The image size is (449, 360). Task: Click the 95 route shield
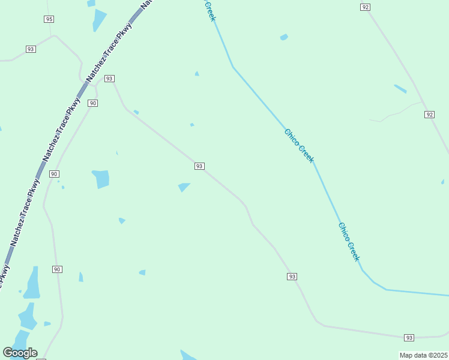coord(49,19)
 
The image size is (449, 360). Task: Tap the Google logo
coord(20,353)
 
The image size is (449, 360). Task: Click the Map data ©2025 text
coord(424,355)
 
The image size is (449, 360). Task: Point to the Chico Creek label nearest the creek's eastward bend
coord(349,242)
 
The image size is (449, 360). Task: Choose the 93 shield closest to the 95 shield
coord(31,49)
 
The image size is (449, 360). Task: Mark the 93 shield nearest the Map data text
coord(409,338)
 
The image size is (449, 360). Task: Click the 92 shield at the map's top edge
coord(366,7)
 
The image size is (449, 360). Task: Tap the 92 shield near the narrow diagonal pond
coord(429,114)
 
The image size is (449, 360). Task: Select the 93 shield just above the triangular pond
coord(199,166)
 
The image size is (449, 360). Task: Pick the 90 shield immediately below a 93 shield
coord(92,103)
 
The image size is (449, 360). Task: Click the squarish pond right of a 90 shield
coord(101,179)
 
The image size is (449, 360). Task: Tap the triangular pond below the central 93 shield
coord(184,187)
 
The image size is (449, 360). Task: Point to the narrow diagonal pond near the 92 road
coord(400,89)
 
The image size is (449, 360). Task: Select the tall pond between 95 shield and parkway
coord(98,20)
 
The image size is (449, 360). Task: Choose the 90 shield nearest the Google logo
coord(57,269)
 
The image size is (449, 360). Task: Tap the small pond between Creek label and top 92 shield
coord(284,37)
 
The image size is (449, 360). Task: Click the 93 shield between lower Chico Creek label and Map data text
coord(292,277)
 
